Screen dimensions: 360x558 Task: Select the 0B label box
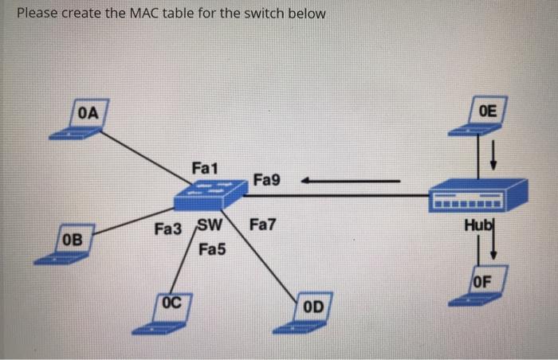pos(72,238)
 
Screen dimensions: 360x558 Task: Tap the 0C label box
pos(172,303)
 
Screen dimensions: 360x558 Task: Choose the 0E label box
pos(488,111)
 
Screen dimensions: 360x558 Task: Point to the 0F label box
pos(483,280)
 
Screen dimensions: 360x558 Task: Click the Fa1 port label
pos(205,168)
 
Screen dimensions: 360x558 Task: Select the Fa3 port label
pos(168,229)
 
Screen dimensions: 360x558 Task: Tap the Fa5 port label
pos(212,250)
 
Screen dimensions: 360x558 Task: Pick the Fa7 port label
pos(262,225)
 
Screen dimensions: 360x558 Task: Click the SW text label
pos(208,225)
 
